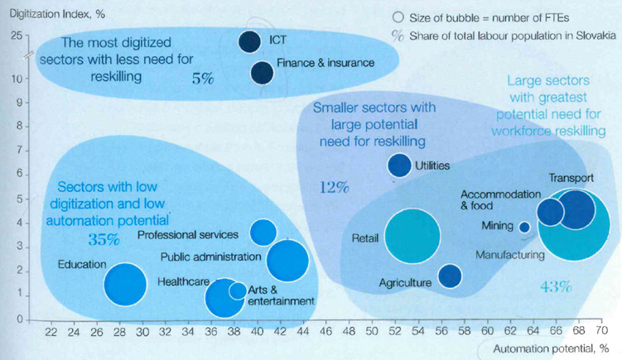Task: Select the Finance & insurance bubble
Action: tap(262, 73)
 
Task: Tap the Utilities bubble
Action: tap(400, 166)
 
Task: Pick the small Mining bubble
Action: tap(524, 227)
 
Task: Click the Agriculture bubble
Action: tap(450, 276)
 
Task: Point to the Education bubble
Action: tap(126, 283)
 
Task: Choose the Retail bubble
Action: tap(412, 238)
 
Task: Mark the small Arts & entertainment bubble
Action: tap(238, 290)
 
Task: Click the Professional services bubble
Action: tap(263, 233)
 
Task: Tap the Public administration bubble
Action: tap(288, 260)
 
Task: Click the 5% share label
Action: tap(203, 79)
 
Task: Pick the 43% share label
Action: tap(556, 287)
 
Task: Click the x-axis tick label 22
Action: tap(51, 333)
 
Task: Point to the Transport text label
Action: tap(571, 178)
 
